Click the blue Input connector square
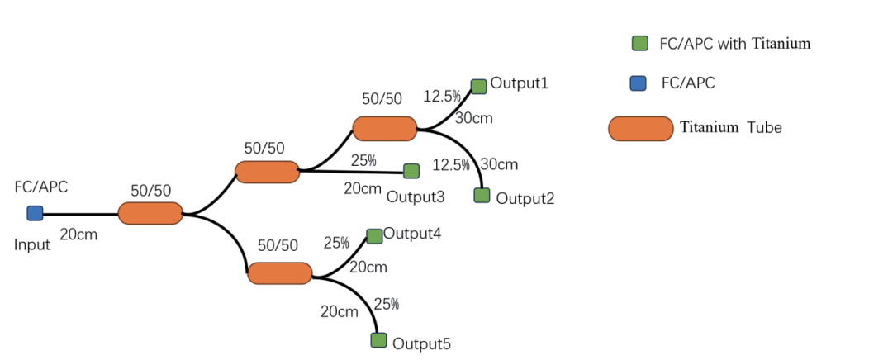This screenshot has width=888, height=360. pos(35,213)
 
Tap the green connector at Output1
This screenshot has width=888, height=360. pos(478,86)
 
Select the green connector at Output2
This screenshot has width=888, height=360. pos(482,196)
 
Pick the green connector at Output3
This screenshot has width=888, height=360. pos(411,171)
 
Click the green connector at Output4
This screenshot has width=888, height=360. pos(374,236)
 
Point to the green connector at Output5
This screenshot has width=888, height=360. pos(378,340)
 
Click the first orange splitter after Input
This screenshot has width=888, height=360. pos(150,213)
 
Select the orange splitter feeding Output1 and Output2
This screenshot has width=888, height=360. pos(385,129)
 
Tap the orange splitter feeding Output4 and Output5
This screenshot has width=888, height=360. pos(280,273)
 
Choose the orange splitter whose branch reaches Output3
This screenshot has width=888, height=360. pos(267,172)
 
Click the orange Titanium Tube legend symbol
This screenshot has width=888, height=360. pos(640,129)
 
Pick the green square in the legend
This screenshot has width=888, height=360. pos(639,44)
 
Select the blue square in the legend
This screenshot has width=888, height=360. pos(637,83)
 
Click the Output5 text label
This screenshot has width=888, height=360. pos(421,343)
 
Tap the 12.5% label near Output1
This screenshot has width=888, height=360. pos(442,97)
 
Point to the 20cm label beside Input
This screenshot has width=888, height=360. pos(78,234)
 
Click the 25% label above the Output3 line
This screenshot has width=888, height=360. pos(363,160)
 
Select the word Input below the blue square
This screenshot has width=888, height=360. pos(32,244)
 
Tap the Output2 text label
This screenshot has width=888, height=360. pos(525,198)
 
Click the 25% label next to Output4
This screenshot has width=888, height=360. pos(336,244)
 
